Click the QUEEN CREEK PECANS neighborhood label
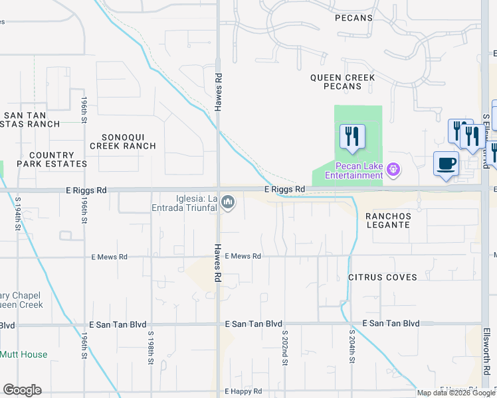point(342,82)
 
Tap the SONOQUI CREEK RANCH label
point(122,141)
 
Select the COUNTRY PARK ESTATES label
point(52,159)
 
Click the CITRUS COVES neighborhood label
point(382,277)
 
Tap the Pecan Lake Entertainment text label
point(353,170)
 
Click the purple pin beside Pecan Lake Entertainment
point(393,170)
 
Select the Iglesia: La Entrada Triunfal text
point(186,203)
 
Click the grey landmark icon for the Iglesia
point(228,201)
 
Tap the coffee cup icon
point(446,163)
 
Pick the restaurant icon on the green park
point(351,136)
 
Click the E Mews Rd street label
point(243,256)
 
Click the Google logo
point(22,390)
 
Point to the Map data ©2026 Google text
point(456,393)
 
